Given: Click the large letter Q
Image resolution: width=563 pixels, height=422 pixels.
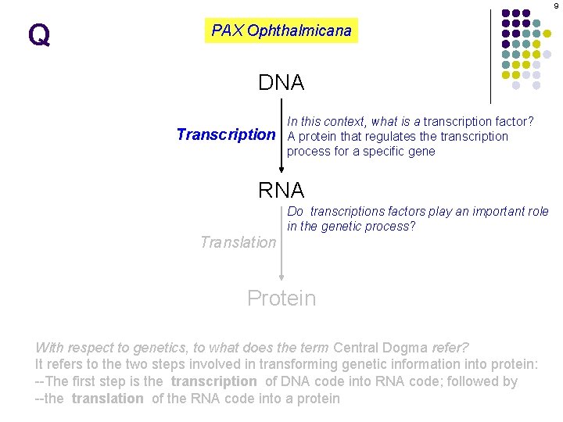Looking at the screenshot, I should tap(38, 35).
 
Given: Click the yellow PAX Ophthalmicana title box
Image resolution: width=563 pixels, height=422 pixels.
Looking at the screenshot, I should tap(281, 30).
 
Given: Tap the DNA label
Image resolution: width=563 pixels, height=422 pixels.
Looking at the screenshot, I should tap(281, 82).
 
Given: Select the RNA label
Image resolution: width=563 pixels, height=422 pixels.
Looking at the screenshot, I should tap(281, 189).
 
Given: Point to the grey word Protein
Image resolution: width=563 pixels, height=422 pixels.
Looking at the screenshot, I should tap(281, 298).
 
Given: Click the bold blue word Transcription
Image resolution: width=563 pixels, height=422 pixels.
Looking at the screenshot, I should tap(226, 134).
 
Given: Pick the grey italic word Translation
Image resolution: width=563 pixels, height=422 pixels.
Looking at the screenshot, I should tap(238, 242).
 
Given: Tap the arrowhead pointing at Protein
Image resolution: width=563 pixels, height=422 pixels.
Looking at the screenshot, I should tap(282, 277).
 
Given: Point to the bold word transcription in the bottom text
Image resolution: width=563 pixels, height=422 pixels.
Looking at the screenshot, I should tap(213, 381).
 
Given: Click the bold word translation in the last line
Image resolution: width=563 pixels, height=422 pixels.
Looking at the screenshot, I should tap(107, 399).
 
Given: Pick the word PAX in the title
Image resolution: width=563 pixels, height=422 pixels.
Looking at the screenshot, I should tap(228, 30).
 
